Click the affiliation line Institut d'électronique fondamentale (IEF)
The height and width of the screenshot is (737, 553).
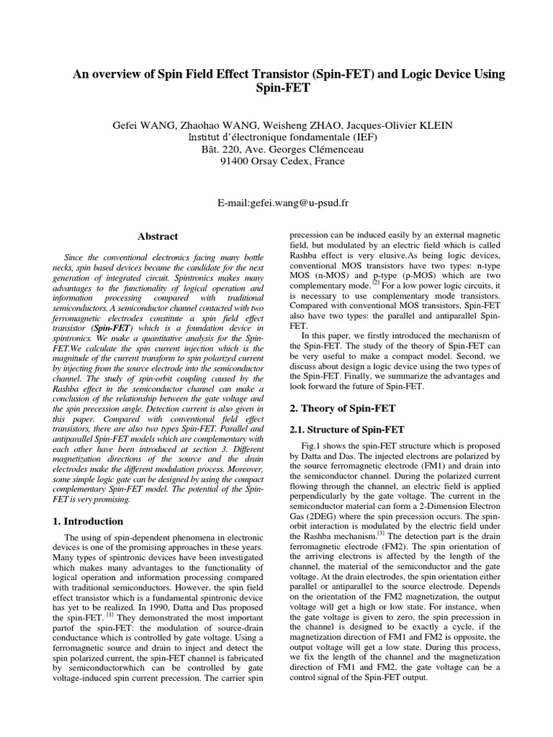(x=278, y=137)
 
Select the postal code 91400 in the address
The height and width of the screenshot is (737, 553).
(x=234, y=161)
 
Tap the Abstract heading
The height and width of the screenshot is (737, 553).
(x=158, y=236)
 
